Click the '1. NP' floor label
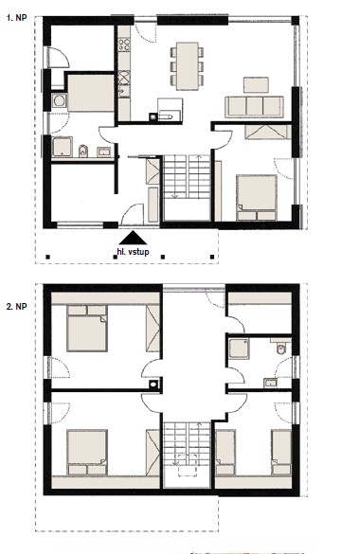(x=16, y=18)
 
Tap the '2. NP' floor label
(x=16, y=306)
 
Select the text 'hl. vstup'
(x=133, y=252)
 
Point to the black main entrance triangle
(x=133, y=238)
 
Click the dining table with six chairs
(x=188, y=66)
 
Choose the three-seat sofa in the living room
(x=254, y=107)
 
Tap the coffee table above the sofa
(x=256, y=85)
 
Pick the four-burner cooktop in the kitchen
(x=124, y=45)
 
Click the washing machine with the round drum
(x=59, y=101)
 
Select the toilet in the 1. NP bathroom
(x=83, y=151)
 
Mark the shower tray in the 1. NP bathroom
(x=63, y=147)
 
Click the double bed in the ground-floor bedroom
(x=257, y=197)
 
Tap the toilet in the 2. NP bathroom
(x=281, y=348)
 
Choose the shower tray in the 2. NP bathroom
(x=239, y=348)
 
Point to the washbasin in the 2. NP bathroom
(x=271, y=383)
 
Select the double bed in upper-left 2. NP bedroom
(x=87, y=329)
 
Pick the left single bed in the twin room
(x=225, y=453)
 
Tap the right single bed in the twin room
(x=281, y=453)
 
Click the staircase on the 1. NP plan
(x=188, y=177)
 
